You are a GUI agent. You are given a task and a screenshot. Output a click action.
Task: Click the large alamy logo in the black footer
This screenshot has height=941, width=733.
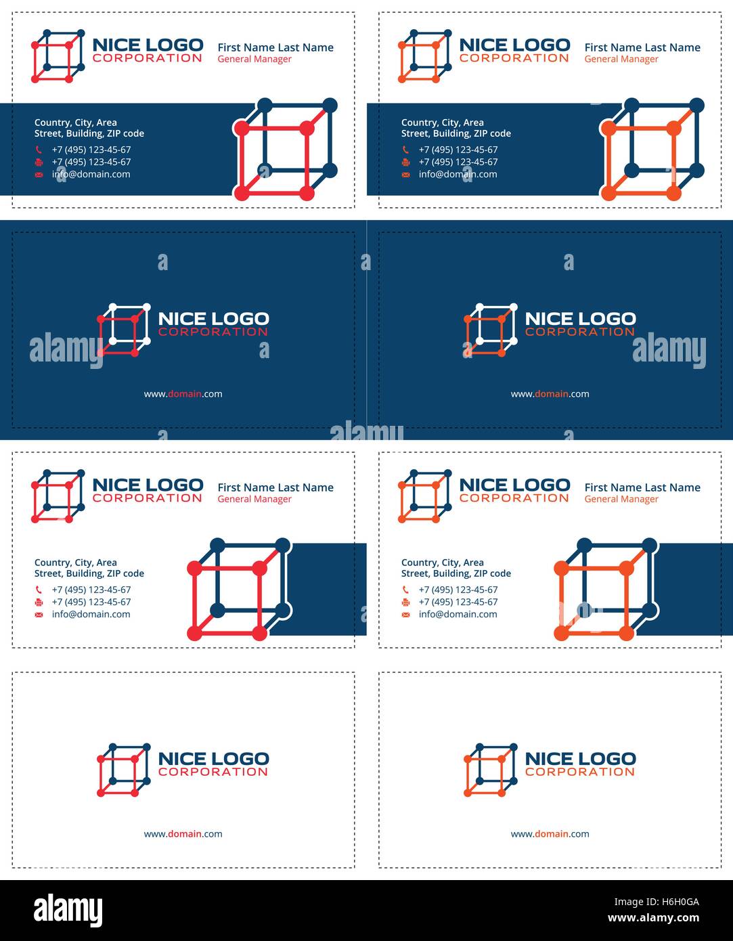(x=68, y=911)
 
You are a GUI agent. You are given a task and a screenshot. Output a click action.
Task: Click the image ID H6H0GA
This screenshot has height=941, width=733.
(x=657, y=902)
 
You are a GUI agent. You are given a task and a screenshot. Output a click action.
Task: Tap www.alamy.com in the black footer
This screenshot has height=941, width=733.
(x=653, y=919)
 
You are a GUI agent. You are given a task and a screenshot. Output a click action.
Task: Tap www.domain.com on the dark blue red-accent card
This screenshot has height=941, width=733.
(x=183, y=394)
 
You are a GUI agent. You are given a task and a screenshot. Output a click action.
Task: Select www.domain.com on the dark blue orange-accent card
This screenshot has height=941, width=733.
(x=550, y=394)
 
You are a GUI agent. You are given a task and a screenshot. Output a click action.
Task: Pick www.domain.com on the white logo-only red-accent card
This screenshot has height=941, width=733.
(x=183, y=834)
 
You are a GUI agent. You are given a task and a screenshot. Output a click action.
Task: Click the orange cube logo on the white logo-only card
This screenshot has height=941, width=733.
(x=490, y=770)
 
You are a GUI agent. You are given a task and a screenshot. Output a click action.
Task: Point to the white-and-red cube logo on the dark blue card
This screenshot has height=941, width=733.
(x=123, y=330)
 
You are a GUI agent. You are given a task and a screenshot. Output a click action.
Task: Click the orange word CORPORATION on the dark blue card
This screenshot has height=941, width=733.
(x=580, y=332)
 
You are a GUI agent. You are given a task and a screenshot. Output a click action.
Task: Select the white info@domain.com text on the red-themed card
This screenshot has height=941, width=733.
(x=91, y=174)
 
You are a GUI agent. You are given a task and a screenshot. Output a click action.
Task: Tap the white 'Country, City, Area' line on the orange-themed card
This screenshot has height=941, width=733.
(x=443, y=123)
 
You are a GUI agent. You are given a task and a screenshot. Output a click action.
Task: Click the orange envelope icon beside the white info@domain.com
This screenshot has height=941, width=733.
(x=405, y=174)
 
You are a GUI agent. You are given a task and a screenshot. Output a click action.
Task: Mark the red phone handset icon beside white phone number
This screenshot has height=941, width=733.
(x=39, y=150)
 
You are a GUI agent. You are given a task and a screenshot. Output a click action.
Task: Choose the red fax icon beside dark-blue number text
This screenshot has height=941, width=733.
(x=39, y=602)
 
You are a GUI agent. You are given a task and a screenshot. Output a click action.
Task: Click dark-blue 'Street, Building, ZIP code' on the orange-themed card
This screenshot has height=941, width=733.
(x=456, y=573)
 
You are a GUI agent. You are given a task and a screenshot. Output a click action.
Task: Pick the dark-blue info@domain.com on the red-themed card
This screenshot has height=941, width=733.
(x=91, y=614)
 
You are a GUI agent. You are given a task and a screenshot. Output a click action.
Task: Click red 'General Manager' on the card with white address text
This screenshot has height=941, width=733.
(x=254, y=59)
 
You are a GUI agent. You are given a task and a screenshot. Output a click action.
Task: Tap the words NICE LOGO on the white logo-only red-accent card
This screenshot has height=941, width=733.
(x=213, y=759)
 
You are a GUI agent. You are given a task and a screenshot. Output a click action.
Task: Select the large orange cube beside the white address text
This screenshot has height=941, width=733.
(x=652, y=150)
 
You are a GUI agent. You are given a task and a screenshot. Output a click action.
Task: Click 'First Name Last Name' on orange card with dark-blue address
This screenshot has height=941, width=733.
(x=642, y=487)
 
